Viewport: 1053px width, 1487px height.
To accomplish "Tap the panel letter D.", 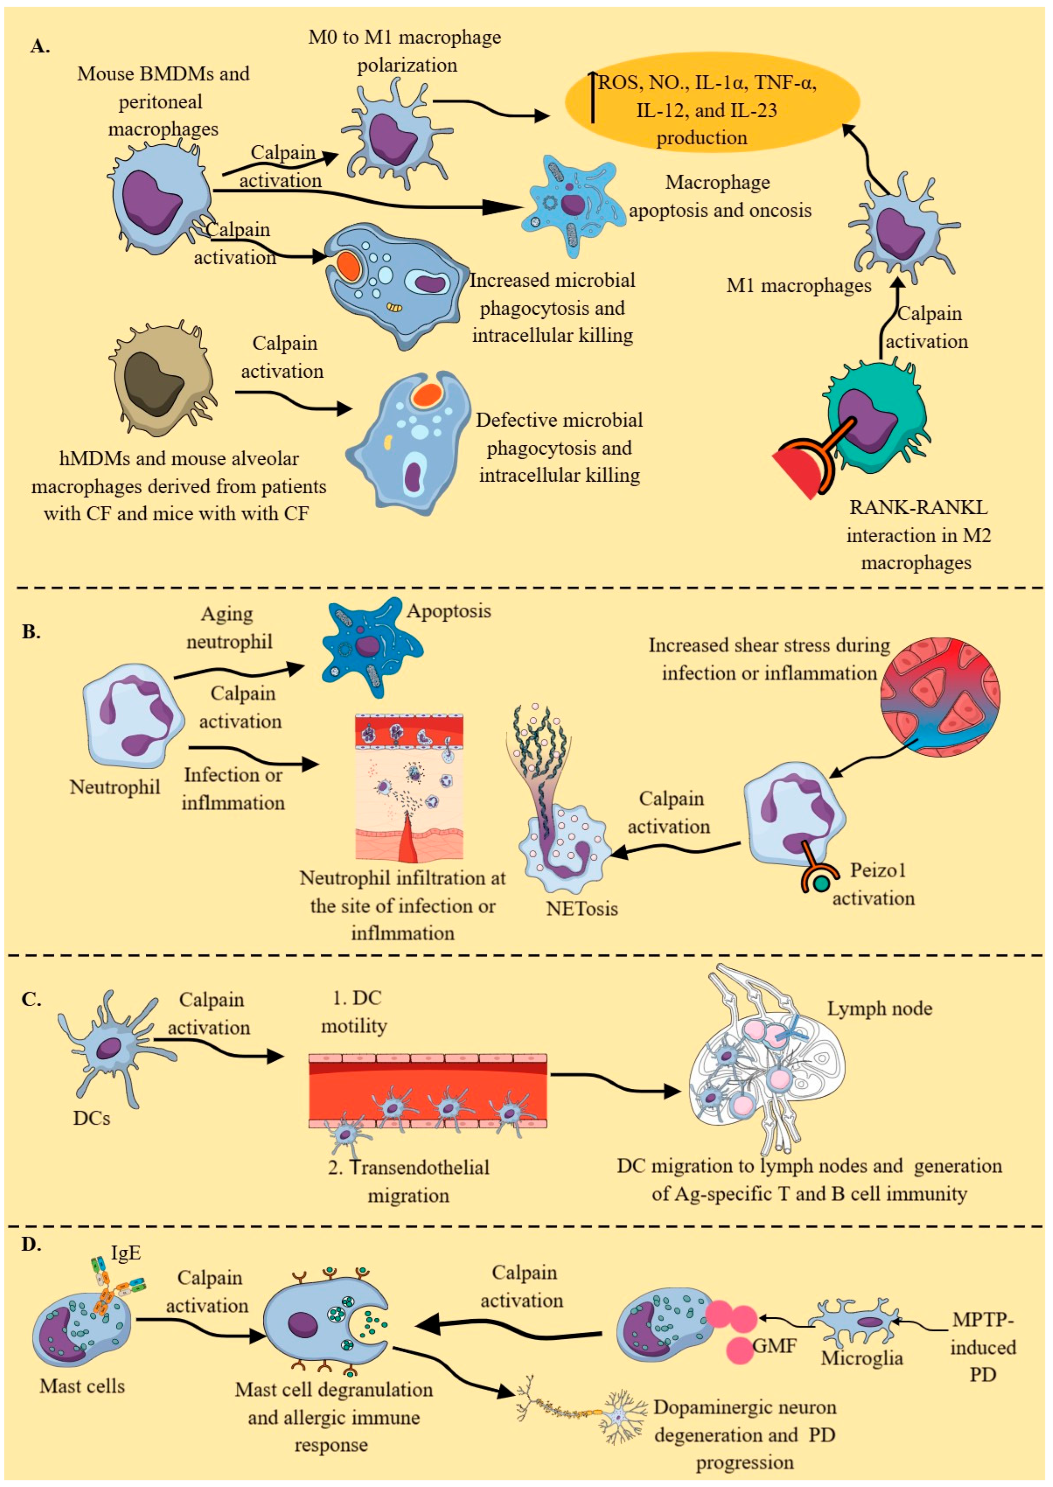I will (31, 1244).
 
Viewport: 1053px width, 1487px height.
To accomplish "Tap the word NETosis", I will (582, 908).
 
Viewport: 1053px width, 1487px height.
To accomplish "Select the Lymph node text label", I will (879, 1008).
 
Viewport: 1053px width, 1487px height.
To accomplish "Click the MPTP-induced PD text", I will (982, 1347).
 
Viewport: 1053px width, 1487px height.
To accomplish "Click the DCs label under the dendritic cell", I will (91, 1118).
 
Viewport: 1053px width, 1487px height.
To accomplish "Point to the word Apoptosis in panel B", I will (449, 611).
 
